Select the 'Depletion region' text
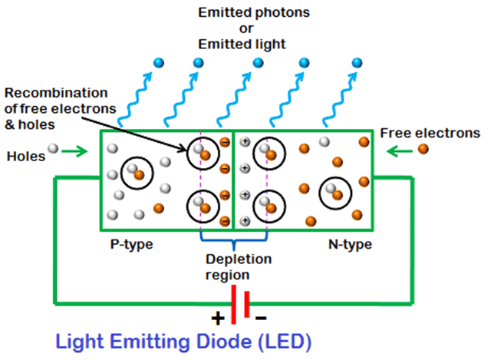tap(233, 266)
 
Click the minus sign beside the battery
tap(261, 316)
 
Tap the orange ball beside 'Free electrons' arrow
tap(423, 149)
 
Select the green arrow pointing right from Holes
tap(77, 151)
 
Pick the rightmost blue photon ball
tap(358, 62)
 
